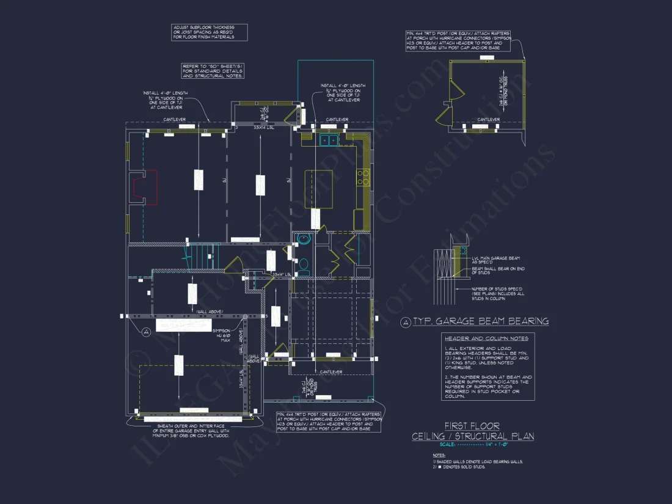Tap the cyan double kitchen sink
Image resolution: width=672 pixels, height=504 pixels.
click(x=327, y=141)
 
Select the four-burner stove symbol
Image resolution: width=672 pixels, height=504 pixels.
click(x=363, y=177)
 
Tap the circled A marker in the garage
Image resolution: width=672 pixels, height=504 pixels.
click(x=146, y=332)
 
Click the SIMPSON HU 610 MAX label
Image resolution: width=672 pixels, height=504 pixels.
click(x=221, y=336)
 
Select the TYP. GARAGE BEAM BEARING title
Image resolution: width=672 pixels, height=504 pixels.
click(x=480, y=321)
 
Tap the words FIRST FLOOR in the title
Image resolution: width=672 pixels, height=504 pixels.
click(x=472, y=426)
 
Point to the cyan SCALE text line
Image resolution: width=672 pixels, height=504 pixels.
click(x=472, y=445)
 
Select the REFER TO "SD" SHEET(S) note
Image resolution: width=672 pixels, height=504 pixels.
click(x=214, y=71)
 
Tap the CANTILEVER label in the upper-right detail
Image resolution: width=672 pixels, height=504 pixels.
click(x=489, y=120)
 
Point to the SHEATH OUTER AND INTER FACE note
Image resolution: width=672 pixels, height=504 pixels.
click(x=192, y=430)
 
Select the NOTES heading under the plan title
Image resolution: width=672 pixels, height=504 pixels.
click(x=438, y=455)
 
